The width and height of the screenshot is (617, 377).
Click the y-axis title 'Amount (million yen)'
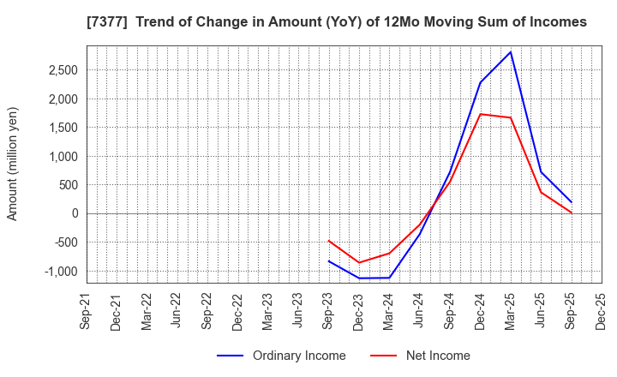(13, 164)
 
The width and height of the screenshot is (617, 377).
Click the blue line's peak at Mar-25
(511, 51)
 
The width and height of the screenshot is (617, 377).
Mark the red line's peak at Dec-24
(481, 114)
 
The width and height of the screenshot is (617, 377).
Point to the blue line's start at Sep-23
(329, 260)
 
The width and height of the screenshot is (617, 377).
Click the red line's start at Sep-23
(329, 241)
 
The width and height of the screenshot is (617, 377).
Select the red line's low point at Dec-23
(359, 262)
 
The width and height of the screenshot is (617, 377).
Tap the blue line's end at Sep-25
(572, 202)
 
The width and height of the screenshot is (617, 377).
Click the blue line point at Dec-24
(481, 82)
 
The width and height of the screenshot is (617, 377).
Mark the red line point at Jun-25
(541, 192)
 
